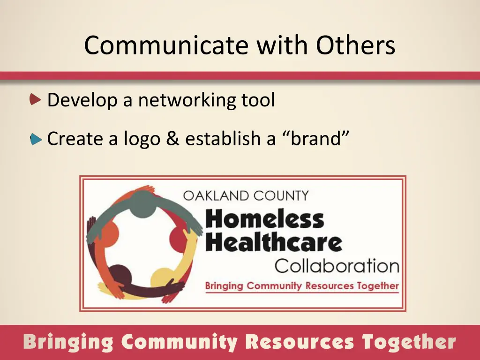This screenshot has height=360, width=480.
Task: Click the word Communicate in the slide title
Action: coord(166,45)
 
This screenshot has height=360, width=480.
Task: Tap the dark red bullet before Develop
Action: coord(36,99)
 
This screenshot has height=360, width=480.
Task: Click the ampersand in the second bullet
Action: coord(172,139)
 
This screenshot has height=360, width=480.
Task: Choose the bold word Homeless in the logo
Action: coord(265,219)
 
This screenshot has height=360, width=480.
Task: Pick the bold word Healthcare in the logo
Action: coord(274,242)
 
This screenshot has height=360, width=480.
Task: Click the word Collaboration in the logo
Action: coord(337,266)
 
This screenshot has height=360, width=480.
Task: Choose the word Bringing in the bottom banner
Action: coord(68,342)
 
